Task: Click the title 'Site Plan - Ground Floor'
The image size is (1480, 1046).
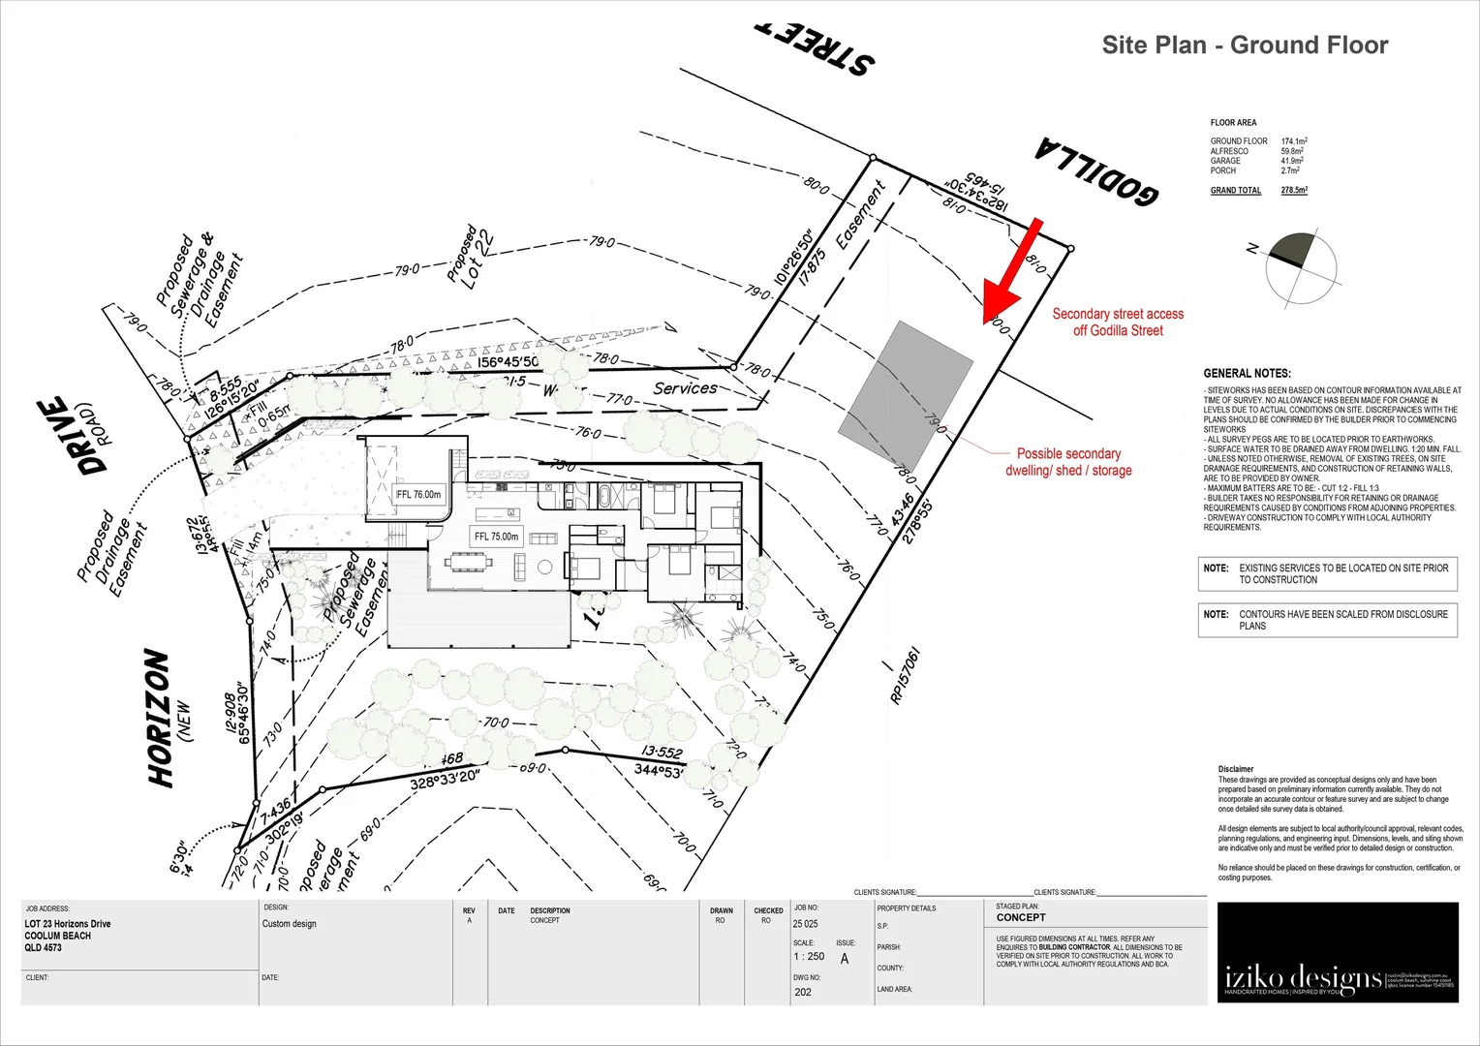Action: [1245, 46]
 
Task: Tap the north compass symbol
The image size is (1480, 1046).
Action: [1301, 268]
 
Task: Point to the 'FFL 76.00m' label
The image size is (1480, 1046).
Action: [418, 494]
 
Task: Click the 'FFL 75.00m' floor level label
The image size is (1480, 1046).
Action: [496, 537]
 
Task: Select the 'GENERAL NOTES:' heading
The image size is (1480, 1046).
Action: [1247, 373]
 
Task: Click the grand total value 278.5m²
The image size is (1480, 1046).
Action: [1294, 190]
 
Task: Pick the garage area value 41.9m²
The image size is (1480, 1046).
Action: [1292, 161]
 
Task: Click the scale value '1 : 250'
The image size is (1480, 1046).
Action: [809, 956]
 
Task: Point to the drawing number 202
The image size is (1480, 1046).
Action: [803, 992]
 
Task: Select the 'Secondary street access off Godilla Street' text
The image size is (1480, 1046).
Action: [1118, 322]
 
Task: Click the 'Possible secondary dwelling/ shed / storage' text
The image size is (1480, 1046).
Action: [1068, 462]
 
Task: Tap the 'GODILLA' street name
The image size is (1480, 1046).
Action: [1095, 171]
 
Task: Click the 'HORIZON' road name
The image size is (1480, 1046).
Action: [160, 718]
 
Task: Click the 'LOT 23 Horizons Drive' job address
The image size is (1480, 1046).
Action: [68, 924]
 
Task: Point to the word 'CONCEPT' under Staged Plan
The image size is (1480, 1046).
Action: [1021, 917]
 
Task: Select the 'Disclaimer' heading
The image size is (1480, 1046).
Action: [1236, 769]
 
